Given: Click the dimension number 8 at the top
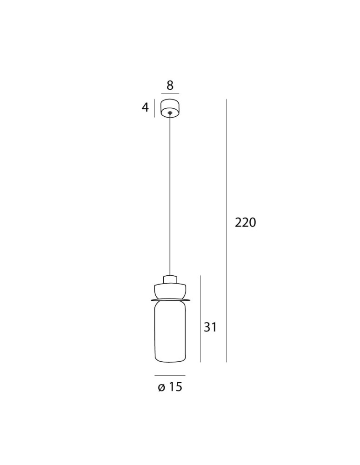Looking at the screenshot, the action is (170, 85).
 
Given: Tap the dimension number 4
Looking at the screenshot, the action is (145, 107).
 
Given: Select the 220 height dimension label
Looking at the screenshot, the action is (245, 222).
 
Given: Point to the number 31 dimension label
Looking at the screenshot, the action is (210, 327).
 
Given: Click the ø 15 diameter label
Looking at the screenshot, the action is (170, 387).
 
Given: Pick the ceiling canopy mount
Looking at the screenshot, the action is (170, 108).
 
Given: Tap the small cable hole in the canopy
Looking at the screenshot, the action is (170, 113).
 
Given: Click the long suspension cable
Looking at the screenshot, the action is (170, 194).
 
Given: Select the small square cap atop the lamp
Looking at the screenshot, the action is (170, 279).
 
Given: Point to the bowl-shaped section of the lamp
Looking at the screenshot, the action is (170, 291).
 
